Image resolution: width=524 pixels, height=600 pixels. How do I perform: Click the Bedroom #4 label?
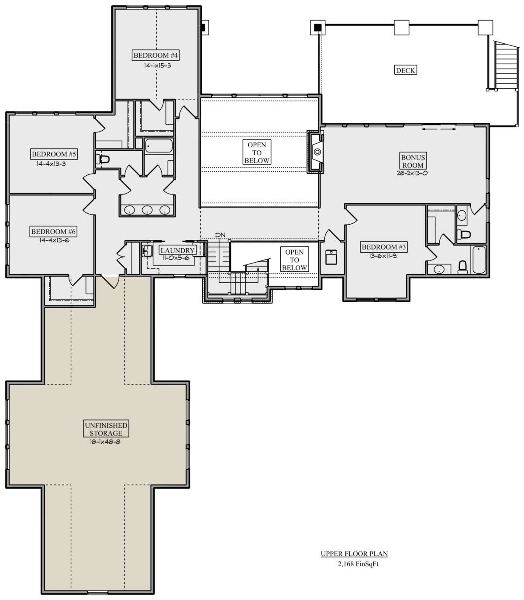coord(155,55)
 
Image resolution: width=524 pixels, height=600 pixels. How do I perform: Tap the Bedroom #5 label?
coord(54,154)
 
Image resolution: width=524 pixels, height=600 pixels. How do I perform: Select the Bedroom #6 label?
coord(53,231)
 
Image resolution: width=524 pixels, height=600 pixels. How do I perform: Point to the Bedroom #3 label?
coord(384,247)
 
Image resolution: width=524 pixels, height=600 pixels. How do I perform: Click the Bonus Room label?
coord(413,161)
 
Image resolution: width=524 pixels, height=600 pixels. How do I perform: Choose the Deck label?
coord(405,70)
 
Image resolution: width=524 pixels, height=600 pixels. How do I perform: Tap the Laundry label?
coord(178,250)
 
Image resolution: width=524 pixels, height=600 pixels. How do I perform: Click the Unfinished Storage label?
coord(106,429)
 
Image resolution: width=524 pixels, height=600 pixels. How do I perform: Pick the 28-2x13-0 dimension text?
coord(412,173)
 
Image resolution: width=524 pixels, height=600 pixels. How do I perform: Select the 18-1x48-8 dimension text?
coord(105,442)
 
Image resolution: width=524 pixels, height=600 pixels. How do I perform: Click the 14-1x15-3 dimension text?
coord(157,66)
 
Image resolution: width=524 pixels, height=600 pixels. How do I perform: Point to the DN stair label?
coord(221,235)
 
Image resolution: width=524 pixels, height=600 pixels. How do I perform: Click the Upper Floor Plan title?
coord(354,554)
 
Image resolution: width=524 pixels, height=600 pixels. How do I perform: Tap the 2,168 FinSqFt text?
coord(358,564)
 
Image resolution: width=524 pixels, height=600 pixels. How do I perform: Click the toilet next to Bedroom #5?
coord(103,160)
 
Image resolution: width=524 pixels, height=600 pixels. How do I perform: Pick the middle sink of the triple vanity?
coord(147,210)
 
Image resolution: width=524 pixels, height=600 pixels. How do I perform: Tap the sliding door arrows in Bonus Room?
coord(439,129)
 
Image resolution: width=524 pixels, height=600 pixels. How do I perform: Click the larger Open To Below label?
coord(257,152)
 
